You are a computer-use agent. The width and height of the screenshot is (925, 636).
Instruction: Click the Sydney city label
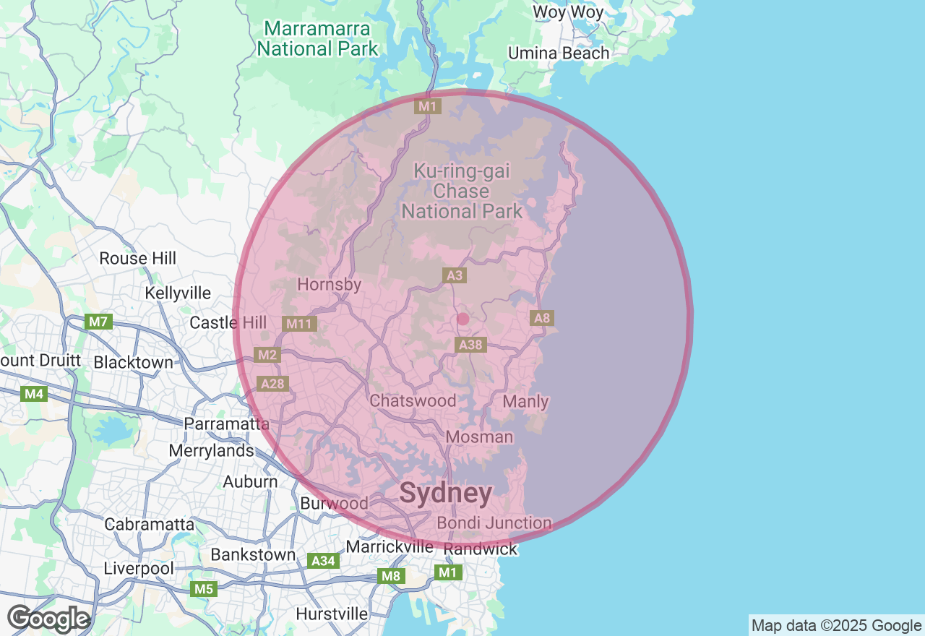(x=446, y=494)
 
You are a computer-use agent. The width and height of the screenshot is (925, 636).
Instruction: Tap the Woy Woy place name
(x=568, y=12)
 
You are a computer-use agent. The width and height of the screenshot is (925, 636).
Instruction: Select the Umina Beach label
(x=559, y=53)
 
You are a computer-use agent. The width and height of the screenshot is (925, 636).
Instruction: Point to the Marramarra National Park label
(x=317, y=39)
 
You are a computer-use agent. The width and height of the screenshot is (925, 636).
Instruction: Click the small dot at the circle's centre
(x=463, y=319)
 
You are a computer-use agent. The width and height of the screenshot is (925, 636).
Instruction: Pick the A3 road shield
(x=454, y=275)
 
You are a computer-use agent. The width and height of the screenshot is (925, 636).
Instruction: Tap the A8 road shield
(x=541, y=318)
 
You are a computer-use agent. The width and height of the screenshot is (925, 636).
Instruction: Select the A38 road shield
(x=470, y=345)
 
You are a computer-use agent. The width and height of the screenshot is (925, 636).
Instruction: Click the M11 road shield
(x=298, y=324)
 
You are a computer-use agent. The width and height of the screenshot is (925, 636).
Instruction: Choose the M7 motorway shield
(x=98, y=322)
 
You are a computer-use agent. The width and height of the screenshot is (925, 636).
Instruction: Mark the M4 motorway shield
(x=34, y=394)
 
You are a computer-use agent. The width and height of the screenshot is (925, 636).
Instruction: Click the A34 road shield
(x=322, y=560)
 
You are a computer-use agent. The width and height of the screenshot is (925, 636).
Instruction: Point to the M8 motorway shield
(x=391, y=576)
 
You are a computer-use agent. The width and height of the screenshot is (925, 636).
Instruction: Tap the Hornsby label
(x=329, y=284)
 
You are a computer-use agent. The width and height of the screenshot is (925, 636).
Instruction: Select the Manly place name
(x=525, y=401)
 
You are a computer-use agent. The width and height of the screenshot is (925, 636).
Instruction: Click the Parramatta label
(x=227, y=424)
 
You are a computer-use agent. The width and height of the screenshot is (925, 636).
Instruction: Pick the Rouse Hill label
(x=138, y=259)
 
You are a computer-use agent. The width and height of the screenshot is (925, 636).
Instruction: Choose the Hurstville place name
(x=332, y=614)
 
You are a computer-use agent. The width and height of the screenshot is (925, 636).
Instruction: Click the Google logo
(x=49, y=619)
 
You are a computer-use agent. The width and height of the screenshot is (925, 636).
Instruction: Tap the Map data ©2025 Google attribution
(x=836, y=626)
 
